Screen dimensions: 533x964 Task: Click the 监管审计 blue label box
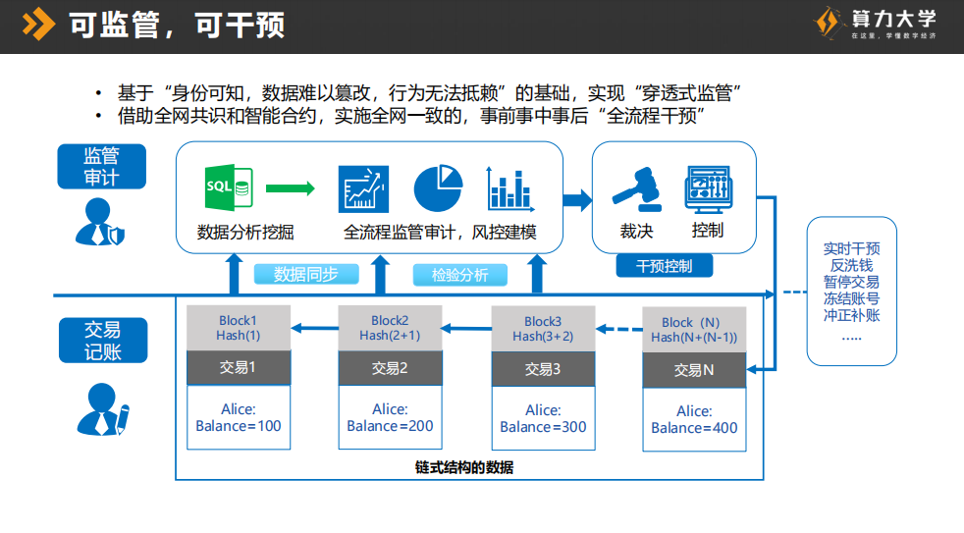pos(101,167)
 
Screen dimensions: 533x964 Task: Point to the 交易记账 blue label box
pos(102,341)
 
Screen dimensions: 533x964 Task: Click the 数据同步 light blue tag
pos(305,274)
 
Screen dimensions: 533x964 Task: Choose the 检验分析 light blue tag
pos(460,275)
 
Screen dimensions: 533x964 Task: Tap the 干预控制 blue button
pos(665,265)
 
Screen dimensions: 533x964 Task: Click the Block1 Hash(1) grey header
pos(239,328)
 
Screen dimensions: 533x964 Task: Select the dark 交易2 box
pos(390,369)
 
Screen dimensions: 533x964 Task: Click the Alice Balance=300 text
pos(543,418)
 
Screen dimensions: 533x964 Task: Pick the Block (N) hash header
pos(694,330)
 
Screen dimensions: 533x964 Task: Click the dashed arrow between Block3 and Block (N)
pos(617,330)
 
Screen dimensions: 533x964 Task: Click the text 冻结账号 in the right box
pos(851,298)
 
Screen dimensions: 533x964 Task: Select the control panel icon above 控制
pos(708,189)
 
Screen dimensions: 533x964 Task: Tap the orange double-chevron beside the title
pos(38,23)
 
